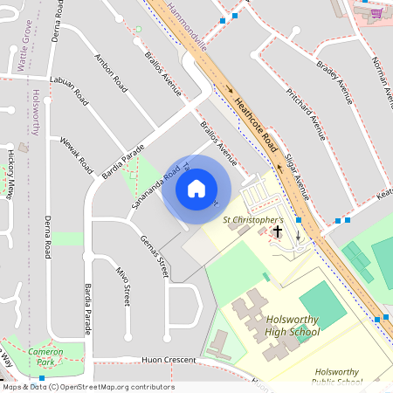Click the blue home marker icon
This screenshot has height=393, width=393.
196,189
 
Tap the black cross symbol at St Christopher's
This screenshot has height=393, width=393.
279,231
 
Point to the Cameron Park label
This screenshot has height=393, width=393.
45,355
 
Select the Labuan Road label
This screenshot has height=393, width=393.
70,89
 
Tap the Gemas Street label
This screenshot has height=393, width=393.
154,256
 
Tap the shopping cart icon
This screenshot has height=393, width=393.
376,13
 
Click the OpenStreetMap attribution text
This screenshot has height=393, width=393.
87,387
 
